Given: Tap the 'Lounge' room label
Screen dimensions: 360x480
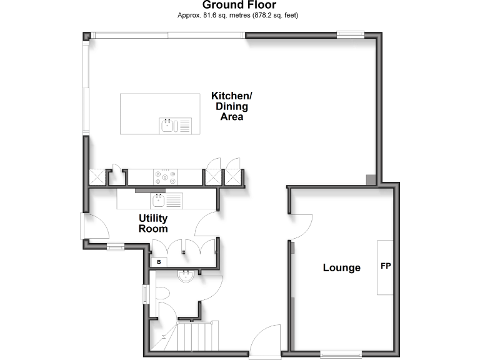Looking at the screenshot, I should pyautogui.click(x=341, y=268).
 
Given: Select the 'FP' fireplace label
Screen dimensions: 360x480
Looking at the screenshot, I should pyautogui.click(x=386, y=267).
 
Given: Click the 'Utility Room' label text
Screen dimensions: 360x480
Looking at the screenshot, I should pyautogui.click(x=153, y=223).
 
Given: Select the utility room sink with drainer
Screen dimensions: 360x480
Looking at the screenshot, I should pyautogui.click(x=167, y=201).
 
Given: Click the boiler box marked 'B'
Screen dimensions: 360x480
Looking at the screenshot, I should pyautogui.click(x=159, y=261).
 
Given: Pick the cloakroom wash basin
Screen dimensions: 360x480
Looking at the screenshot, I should pyautogui.click(x=186, y=276).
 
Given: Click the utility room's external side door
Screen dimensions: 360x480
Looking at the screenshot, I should pyautogui.click(x=91, y=226).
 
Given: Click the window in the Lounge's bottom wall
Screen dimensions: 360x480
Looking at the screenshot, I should pyautogui.click(x=341, y=355).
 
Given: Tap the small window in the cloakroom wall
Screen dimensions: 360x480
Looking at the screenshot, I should pyautogui.click(x=145, y=293).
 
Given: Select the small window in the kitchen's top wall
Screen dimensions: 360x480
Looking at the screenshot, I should pyautogui.click(x=350, y=34).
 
